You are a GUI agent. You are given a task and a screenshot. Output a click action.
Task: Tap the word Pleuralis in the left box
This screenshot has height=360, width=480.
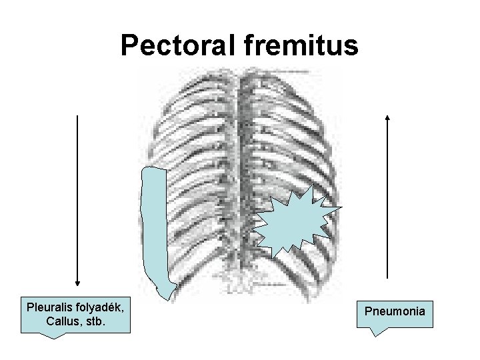click(x=49, y=309)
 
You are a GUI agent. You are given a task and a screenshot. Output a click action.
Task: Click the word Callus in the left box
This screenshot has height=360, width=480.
click(x=64, y=323)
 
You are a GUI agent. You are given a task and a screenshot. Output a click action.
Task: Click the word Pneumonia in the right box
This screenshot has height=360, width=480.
click(x=395, y=310)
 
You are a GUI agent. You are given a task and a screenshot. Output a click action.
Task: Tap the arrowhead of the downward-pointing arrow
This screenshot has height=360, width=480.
click(x=78, y=283)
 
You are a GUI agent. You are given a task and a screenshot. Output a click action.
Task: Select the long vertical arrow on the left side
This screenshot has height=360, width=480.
click(x=78, y=200)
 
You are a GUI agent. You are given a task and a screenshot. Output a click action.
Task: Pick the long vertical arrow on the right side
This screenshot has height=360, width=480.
click(x=388, y=200)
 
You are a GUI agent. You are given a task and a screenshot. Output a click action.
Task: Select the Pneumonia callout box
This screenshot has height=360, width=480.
click(x=395, y=311)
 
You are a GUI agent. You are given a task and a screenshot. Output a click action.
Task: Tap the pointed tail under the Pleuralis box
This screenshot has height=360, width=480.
click(x=57, y=335)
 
